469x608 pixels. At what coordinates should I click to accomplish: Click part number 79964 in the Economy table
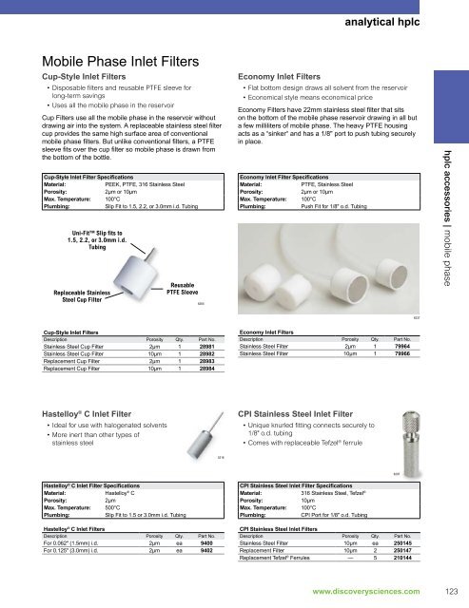point(401,349)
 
